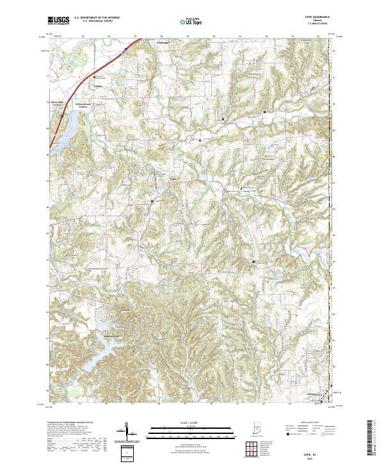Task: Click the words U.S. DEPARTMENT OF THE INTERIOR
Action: click(x=97, y=17)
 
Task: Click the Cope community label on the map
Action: click(x=172, y=180)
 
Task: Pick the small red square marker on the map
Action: click(x=200, y=140)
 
